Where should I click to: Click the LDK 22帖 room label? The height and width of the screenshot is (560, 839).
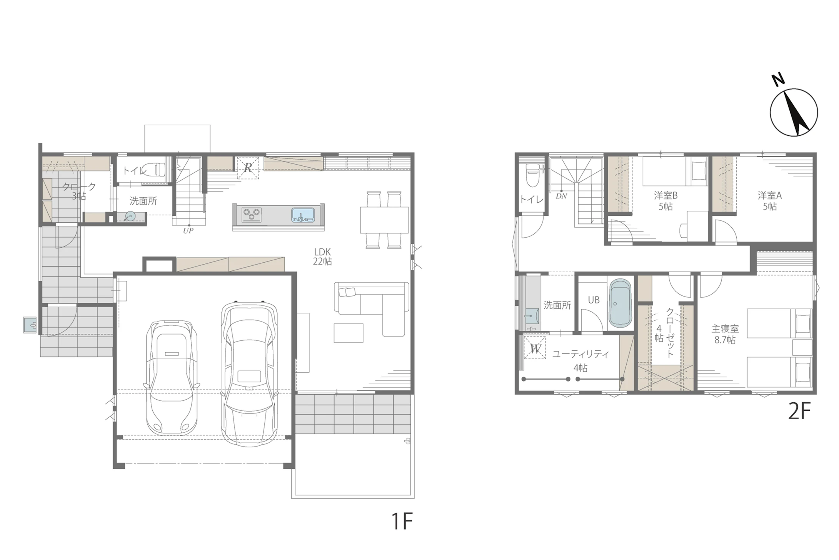(322, 257)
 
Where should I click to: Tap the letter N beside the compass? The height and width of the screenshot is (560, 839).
(779, 80)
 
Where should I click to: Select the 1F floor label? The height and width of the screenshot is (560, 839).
(402, 521)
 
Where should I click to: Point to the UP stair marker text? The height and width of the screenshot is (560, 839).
(188, 231)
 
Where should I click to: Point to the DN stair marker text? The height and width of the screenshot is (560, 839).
(561, 196)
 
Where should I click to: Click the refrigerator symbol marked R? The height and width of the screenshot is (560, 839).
(248, 168)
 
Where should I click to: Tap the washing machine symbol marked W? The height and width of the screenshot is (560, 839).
(535, 348)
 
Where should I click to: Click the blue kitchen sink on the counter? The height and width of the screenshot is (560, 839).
(303, 215)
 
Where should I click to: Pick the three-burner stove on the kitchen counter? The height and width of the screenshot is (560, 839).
(251, 215)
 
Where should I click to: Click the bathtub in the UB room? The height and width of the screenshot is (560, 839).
(620, 303)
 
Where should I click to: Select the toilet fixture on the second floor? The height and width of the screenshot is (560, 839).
(533, 175)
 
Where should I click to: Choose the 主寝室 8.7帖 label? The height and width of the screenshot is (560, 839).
(725, 334)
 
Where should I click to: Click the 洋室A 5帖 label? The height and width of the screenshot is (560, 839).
(770, 201)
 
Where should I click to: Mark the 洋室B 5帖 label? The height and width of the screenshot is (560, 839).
(666, 201)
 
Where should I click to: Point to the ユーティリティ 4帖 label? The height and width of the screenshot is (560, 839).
(580, 361)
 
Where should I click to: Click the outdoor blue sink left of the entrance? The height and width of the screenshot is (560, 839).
(30, 325)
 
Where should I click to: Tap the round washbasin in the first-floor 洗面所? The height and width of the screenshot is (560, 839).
(130, 216)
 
